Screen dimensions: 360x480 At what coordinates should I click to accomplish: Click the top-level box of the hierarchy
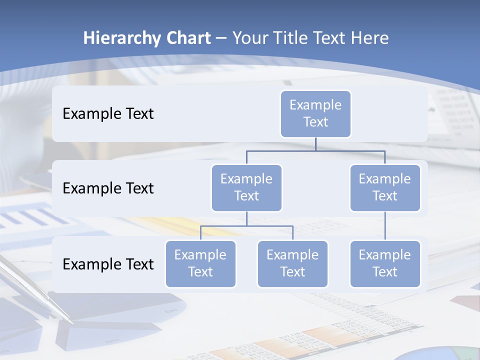tap(315, 114)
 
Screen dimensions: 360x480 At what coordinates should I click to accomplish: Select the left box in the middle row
tap(246, 188)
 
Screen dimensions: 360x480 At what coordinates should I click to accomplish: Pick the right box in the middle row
tap(385, 188)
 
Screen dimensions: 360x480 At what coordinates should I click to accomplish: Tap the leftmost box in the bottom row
tap(200, 264)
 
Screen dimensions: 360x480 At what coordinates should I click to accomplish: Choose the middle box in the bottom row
tap(292, 264)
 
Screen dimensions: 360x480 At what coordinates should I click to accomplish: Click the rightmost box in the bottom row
tap(385, 264)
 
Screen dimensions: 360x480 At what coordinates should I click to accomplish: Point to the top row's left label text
tap(108, 114)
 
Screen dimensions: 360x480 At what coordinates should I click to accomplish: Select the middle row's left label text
tap(108, 188)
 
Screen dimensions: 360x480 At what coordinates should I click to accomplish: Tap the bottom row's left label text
tap(108, 264)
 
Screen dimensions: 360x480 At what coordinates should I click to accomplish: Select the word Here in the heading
tap(371, 38)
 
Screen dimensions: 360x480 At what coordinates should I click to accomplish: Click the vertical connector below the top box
tap(315, 144)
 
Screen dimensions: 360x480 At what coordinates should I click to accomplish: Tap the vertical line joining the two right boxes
tap(385, 226)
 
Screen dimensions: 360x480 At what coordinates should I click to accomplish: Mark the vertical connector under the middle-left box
tap(246, 218)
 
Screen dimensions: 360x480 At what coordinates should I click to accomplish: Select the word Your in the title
tap(249, 38)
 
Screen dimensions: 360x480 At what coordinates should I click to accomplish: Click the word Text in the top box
tap(315, 122)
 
